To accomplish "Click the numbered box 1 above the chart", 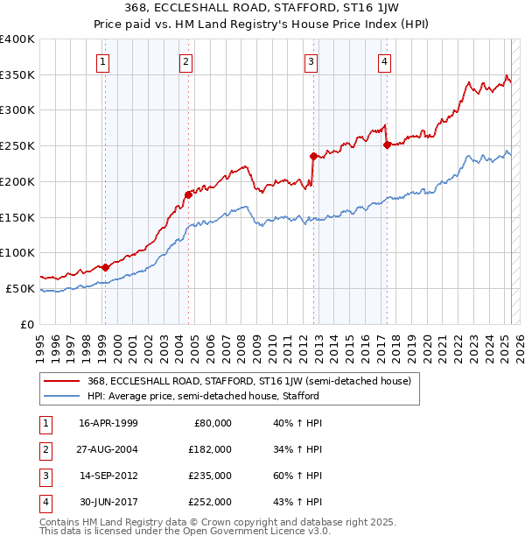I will click(x=103, y=61).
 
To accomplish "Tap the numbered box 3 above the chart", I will click(x=311, y=61).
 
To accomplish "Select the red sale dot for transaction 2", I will click(x=187, y=194).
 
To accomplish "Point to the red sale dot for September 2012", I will click(x=312, y=156).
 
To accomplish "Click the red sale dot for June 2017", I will click(x=387, y=145).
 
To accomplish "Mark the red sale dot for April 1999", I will click(x=105, y=267).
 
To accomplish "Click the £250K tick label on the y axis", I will click(x=17, y=146).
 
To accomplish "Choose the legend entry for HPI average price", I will click(x=203, y=396).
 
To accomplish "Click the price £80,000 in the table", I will click(x=213, y=423).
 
